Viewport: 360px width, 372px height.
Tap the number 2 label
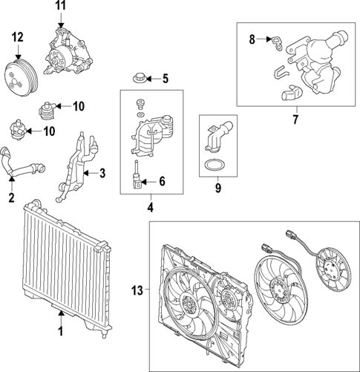tap(11, 198)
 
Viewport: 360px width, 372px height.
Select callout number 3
tap(103, 174)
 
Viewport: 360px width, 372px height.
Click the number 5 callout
tap(166, 78)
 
